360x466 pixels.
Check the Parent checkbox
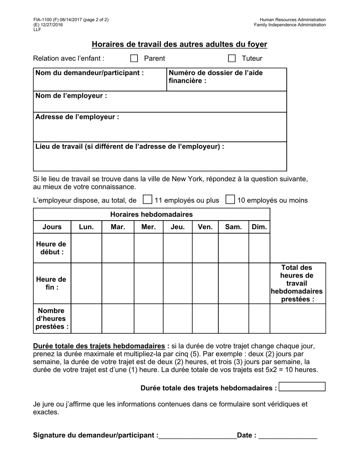pyautogui.click(x=134, y=58)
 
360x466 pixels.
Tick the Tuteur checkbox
pyautogui.click(x=232, y=58)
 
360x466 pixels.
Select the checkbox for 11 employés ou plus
pyautogui.click(x=147, y=200)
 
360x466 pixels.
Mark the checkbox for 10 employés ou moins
pyautogui.click(x=230, y=200)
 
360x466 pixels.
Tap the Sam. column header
pyautogui.click(x=233, y=227)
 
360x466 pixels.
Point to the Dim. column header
pyautogui.click(x=259, y=227)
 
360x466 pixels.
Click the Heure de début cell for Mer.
pyautogui.click(x=149, y=248)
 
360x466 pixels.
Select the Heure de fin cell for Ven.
pyautogui.click(x=205, y=283)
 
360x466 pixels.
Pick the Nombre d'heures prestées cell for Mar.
pyautogui.click(x=118, y=318)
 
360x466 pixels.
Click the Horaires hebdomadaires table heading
pyautogui.click(x=151, y=214)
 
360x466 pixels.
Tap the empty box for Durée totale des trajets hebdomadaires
pyautogui.click(x=302, y=387)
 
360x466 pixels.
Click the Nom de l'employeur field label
pyautogui.click(x=71, y=96)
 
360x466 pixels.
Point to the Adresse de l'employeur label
pyautogui.click(x=77, y=117)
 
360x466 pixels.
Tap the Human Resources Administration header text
pyautogui.click(x=293, y=20)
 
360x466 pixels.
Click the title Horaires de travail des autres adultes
pyautogui.click(x=179, y=45)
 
